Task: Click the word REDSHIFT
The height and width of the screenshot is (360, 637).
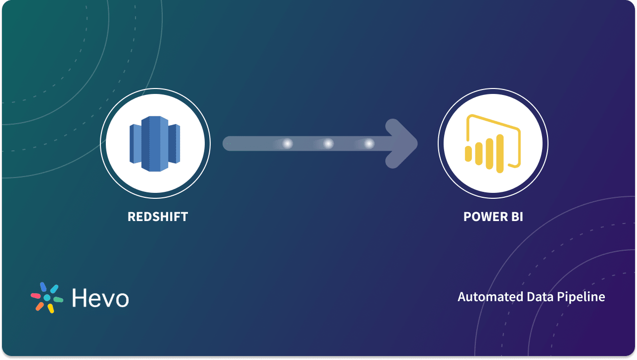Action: click(x=158, y=217)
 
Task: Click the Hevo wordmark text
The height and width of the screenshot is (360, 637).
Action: click(x=100, y=298)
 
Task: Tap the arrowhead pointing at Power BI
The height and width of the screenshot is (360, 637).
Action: click(x=403, y=143)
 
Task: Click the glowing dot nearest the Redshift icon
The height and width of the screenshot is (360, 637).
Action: click(x=287, y=143)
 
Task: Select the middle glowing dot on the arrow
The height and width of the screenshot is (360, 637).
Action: click(x=328, y=143)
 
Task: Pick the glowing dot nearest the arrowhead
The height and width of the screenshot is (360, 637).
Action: click(x=369, y=143)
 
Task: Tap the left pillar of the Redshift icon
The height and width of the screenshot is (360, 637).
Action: click(x=136, y=143)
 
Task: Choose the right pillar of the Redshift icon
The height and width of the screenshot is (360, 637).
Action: click(x=174, y=143)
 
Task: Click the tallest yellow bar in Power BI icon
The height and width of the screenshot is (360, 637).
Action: click(x=500, y=154)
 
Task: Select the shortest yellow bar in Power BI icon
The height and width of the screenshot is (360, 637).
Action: click(x=468, y=153)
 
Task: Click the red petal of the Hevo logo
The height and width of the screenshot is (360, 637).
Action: click(x=36, y=295)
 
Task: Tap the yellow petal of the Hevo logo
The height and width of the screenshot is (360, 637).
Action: click(x=50, y=309)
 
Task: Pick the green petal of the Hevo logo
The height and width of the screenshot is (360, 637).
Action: click(x=58, y=300)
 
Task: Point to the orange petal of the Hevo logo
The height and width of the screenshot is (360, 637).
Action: click(x=40, y=306)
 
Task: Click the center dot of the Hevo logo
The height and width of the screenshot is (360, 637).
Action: click(x=47, y=298)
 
